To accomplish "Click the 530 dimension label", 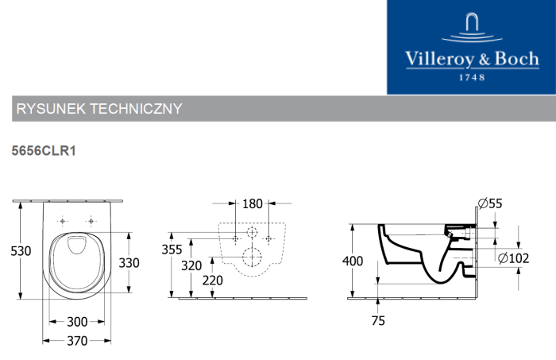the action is (21, 251).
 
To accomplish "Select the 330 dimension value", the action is (129, 263).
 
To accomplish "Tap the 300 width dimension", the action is (77, 322).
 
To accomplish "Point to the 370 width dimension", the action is (77, 341).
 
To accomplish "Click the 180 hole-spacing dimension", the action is (253, 204).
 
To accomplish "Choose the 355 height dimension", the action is (172, 250).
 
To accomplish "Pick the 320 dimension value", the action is (191, 265).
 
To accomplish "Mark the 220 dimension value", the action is (213, 281).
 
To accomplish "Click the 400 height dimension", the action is (353, 261).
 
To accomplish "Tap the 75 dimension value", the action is (378, 320).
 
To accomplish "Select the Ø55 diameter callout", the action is (490, 203).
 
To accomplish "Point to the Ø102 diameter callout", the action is (513, 258).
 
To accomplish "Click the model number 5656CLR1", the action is (44, 151).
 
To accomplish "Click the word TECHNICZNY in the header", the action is (136, 109).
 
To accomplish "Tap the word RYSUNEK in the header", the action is (51, 109).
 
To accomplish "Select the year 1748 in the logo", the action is (472, 78).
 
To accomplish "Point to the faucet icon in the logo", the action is (472, 28).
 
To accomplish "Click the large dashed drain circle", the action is (252, 257).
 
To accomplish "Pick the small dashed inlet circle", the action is (252, 232).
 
